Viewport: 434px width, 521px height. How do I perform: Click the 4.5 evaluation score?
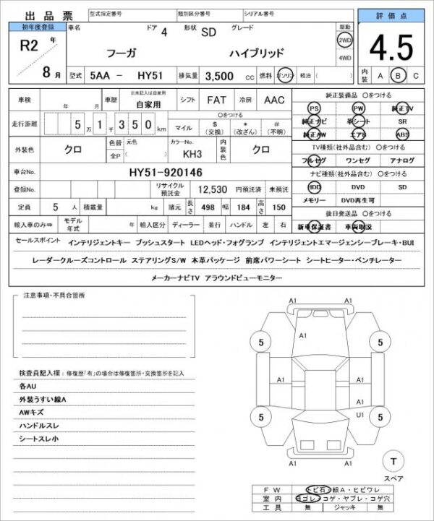[391, 48]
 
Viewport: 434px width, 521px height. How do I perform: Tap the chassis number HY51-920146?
[166, 172]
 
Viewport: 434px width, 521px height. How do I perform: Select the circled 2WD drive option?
[345, 40]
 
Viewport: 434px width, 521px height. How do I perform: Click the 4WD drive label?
[345, 57]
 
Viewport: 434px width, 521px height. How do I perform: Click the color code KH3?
[192, 154]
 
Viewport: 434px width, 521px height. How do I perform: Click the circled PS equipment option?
[314, 108]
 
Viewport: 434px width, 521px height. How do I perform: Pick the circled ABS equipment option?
[402, 134]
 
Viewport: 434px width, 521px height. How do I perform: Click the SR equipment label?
[402, 121]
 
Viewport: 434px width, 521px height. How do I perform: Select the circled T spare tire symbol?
[393, 461]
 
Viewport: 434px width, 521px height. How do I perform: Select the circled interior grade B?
[397, 74]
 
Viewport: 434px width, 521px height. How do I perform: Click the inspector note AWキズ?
[33, 412]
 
